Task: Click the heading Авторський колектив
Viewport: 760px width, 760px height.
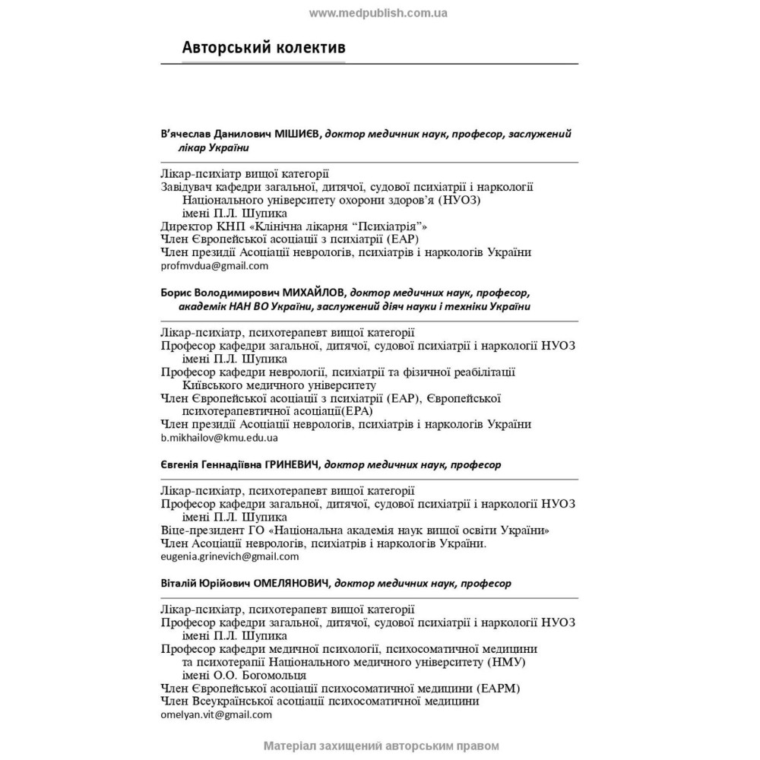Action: tap(264, 47)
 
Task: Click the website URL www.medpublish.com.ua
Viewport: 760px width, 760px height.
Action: tap(378, 12)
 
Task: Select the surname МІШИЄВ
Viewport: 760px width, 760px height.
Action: tap(296, 134)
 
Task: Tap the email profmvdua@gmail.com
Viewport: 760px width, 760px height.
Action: tap(215, 266)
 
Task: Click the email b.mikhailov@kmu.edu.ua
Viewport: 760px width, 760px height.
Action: tap(220, 438)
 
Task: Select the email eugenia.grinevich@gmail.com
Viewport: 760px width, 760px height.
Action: tap(230, 556)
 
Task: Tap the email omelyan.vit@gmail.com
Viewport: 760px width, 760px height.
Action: tap(217, 714)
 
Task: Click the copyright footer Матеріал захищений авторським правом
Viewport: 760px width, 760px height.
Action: tap(381, 746)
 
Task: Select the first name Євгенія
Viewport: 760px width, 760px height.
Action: tap(181, 464)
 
